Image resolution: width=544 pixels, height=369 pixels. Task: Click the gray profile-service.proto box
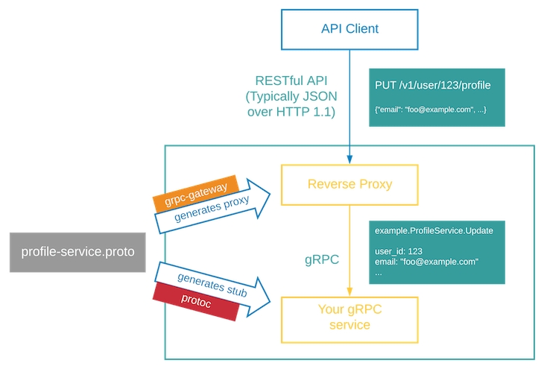point(78,252)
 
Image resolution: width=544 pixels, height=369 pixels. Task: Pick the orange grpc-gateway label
point(195,192)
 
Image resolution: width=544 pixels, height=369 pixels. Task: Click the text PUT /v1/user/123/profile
point(433,86)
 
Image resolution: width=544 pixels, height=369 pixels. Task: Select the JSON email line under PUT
point(430,109)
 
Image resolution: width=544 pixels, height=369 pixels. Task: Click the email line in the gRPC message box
point(426,262)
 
